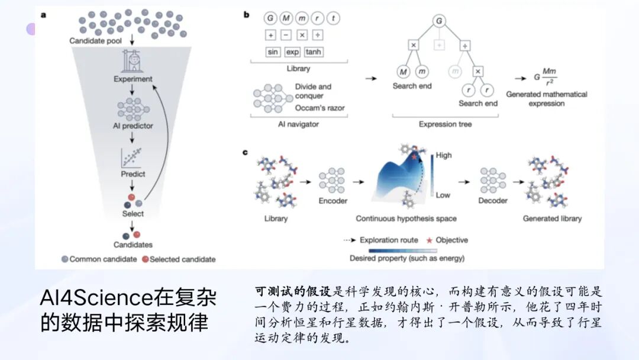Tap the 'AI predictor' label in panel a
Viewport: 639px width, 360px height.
click(x=133, y=126)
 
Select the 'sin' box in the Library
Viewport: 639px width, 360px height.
click(x=273, y=52)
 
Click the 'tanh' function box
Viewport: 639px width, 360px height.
click(x=314, y=52)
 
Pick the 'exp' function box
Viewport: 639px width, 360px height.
click(x=292, y=52)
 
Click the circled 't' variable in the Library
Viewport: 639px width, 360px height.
click(x=334, y=18)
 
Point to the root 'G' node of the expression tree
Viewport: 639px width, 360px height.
click(x=439, y=21)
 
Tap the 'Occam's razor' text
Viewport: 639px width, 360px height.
click(x=319, y=108)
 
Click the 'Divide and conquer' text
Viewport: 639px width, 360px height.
click(x=313, y=91)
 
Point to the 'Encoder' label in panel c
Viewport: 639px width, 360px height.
click(x=333, y=201)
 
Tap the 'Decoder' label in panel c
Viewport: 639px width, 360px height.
click(x=493, y=201)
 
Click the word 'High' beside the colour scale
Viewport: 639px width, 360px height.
click(x=443, y=155)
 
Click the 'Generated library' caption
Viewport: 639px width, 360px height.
click(x=552, y=218)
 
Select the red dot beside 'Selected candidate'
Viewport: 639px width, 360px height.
click(x=145, y=259)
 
